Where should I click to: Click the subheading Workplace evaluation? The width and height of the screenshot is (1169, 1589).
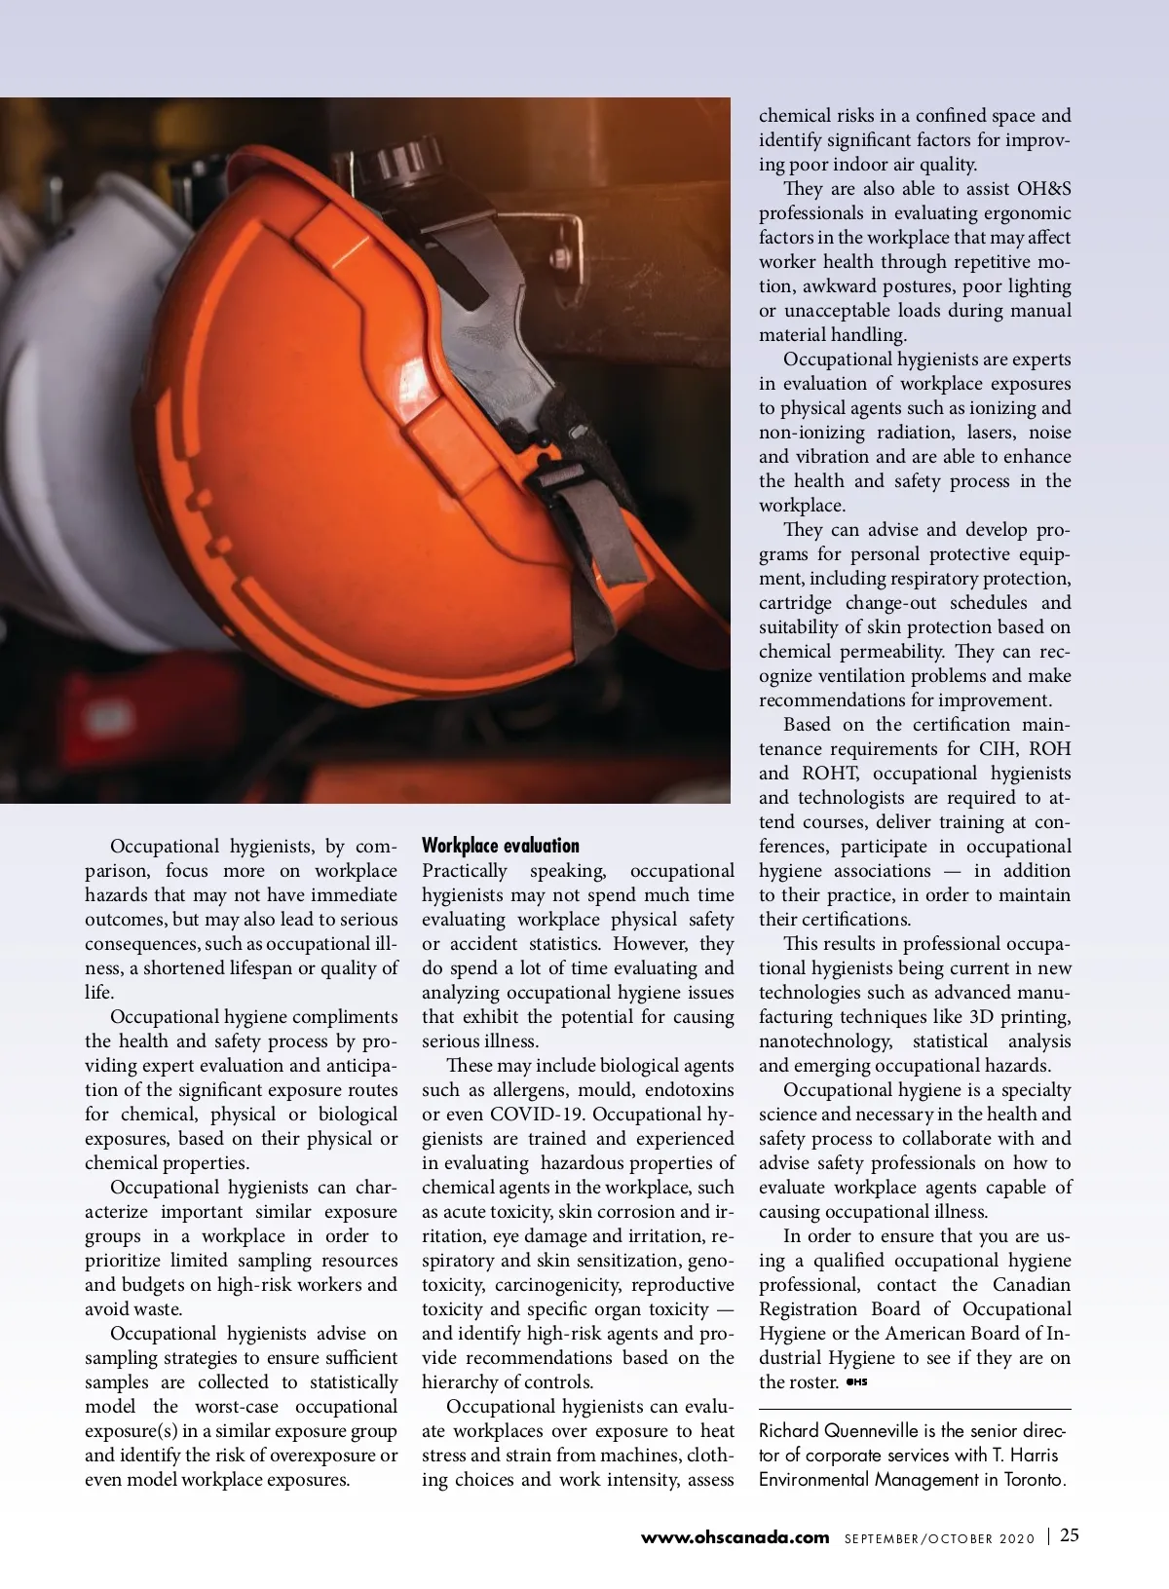500,846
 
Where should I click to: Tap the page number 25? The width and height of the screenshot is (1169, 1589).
1070,1535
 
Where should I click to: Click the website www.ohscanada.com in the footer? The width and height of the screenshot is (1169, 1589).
735,1537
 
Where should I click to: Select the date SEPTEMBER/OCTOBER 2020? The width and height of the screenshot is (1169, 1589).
939,1538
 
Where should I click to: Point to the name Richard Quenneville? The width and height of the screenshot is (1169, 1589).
839,1430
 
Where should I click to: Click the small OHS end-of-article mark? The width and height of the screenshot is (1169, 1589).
856,1381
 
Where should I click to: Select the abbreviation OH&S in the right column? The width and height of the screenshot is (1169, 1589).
1043,188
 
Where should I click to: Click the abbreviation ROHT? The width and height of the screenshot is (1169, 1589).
830,773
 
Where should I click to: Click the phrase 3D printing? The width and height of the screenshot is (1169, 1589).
1020,1016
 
